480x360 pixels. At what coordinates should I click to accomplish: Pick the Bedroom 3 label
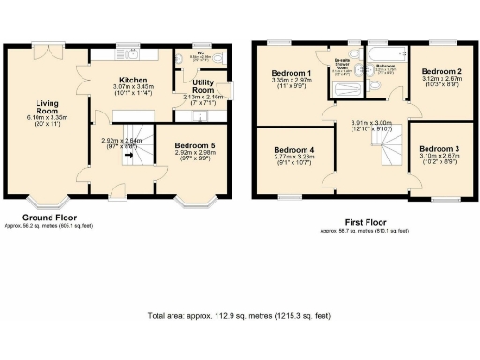point(440,149)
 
